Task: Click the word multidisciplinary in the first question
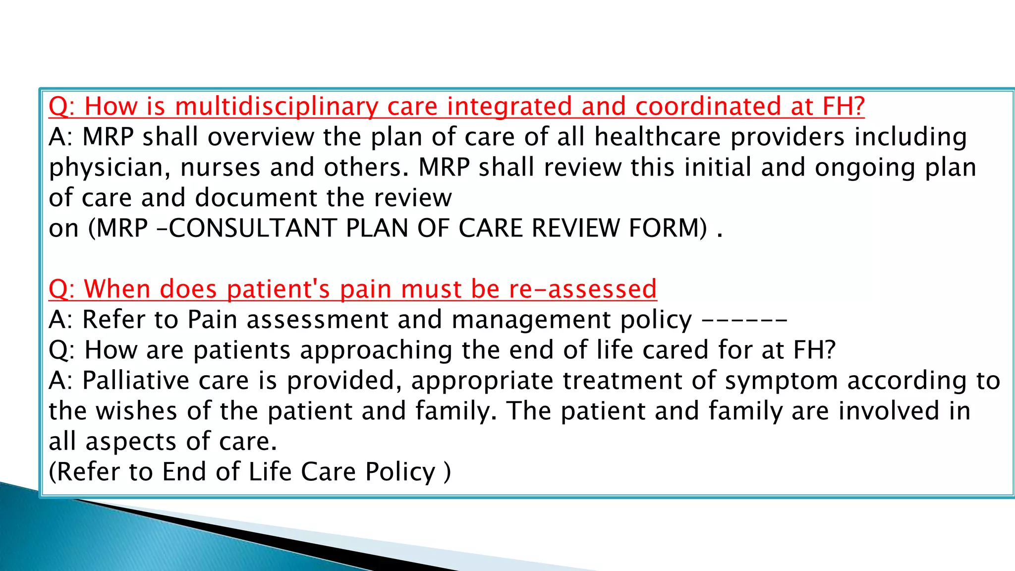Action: tap(276, 107)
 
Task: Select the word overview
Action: tap(261, 137)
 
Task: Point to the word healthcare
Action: tap(658, 137)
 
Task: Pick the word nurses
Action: tap(220, 168)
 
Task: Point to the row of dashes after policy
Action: tap(744, 320)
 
